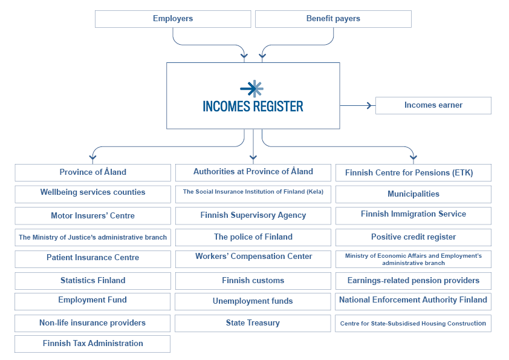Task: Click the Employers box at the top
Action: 173,19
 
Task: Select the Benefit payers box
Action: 333,19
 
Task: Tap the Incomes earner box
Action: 433,105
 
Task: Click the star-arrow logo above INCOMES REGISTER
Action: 252,88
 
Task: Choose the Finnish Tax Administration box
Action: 92,344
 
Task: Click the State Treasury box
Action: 253,323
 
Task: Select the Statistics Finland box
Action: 92,281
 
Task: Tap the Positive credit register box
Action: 413,237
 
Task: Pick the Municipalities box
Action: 413,194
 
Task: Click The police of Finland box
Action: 253,237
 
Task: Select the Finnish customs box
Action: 253,281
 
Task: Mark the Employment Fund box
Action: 92,301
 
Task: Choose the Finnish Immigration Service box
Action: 413,215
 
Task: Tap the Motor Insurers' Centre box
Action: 92,216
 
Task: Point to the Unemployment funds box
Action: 253,301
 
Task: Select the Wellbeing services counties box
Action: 92,193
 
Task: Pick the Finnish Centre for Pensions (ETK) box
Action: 413,173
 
